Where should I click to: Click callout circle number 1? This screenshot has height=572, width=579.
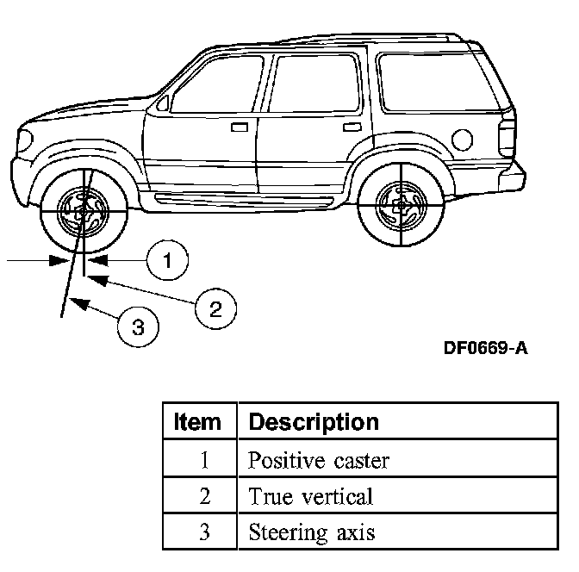167,259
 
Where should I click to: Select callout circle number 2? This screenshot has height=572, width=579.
215,307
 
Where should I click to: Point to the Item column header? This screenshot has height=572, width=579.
197,422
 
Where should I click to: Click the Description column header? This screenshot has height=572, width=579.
313,422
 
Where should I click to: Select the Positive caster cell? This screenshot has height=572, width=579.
319,460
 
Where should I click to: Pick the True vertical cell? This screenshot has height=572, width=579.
310,496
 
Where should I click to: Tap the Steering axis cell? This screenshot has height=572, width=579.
311,532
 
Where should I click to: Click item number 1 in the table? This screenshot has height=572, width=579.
203,460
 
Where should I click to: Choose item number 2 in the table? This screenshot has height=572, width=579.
203,496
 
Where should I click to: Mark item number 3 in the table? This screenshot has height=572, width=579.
203,532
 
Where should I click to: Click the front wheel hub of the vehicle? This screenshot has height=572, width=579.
84,209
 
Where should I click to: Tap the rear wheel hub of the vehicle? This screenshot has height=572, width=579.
402,206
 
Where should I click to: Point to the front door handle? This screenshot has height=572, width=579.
240,127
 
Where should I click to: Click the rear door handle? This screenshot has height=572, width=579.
351,127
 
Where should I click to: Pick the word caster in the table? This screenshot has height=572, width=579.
361,461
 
